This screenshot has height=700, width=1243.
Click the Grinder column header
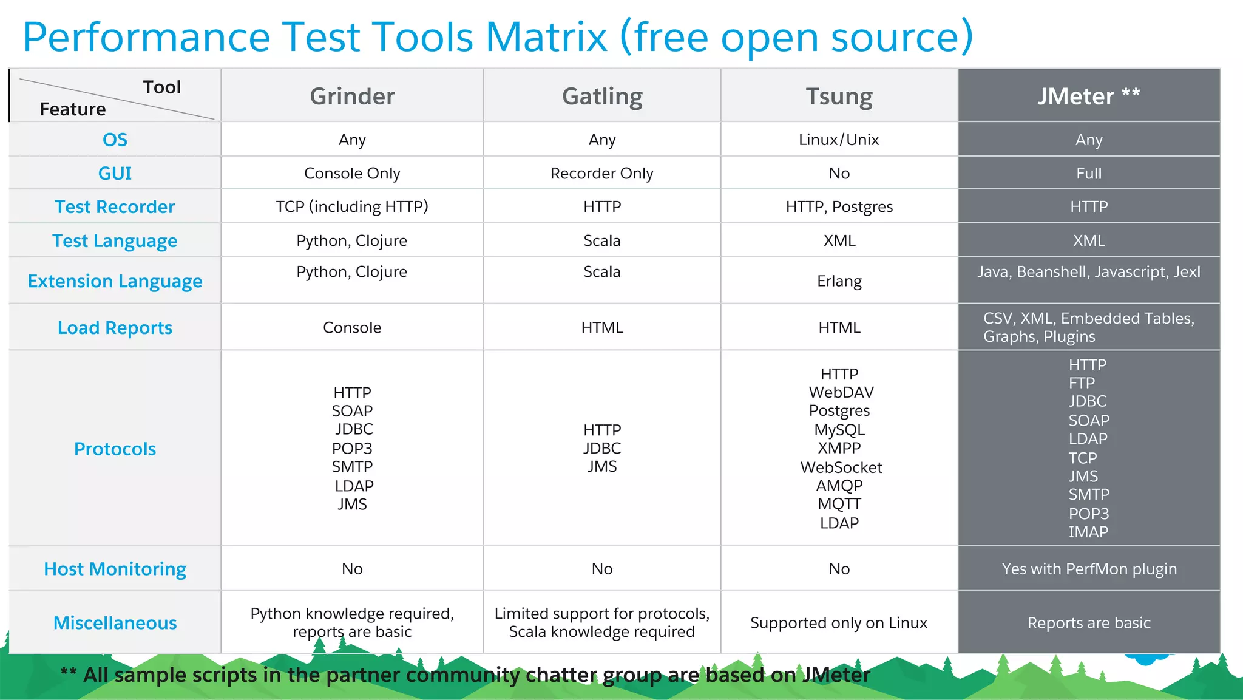click(x=352, y=96)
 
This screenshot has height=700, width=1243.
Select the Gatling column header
click(x=602, y=96)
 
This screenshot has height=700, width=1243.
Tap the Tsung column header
click(x=839, y=96)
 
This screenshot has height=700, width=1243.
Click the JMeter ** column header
click(x=1088, y=96)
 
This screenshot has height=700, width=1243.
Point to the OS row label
click(x=115, y=140)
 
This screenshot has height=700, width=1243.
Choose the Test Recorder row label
click(x=115, y=207)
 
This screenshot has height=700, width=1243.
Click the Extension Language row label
click(x=115, y=281)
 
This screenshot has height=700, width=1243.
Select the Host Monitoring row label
click(x=115, y=569)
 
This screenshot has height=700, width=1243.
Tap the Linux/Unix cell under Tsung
click(x=839, y=140)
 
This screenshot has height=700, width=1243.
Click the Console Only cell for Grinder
click(x=352, y=174)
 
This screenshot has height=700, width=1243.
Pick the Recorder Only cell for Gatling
click(x=602, y=174)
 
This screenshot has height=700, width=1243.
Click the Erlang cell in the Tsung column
click(x=839, y=281)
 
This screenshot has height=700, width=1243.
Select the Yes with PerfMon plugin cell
click(x=1089, y=569)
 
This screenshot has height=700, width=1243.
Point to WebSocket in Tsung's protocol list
click(x=841, y=467)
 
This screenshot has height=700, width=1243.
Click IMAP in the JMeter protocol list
click(x=1088, y=532)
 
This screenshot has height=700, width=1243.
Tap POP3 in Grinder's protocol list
click(x=352, y=449)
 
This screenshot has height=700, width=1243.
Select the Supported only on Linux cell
click(x=839, y=623)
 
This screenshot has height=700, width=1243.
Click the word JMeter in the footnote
click(x=836, y=675)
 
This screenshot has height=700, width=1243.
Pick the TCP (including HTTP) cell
click(x=352, y=207)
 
